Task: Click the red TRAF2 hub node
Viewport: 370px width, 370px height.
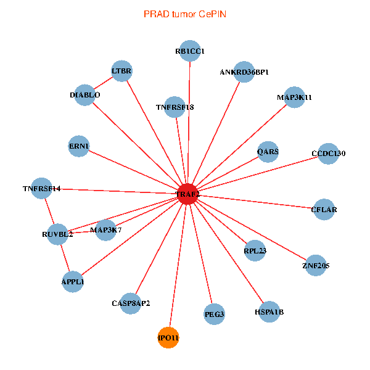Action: [x=187, y=194]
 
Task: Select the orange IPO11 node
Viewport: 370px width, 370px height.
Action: [x=168, y=337]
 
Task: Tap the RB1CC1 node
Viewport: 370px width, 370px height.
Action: [x=189, y=51]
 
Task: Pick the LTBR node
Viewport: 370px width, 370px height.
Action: [x=121, y=71]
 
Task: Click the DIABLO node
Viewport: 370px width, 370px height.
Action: [x=85, y=95]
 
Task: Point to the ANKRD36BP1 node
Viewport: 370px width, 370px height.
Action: [x=244, y=72]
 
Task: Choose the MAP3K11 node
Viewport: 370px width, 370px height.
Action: [x=294, y=97]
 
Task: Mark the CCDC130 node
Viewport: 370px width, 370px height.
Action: [x=329, y=154]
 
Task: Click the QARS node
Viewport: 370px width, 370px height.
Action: [x=268, y=151]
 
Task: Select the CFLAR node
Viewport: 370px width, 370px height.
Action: [x=324, y=210]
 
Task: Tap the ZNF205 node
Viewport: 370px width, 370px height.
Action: [x=316, y=266]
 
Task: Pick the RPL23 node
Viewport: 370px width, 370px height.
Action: [x=255, y=251]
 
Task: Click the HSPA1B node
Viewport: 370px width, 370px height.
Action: [x=269, y=312]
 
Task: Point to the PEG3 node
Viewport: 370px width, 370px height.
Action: [x=214, y=314]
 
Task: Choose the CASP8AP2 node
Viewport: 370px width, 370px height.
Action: [x=131, y=303]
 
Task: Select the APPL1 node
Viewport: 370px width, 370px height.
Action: [x=73, y=282]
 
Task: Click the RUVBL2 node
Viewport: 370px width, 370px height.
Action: [x=57, y=234]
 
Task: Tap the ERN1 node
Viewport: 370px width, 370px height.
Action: [x=79, y=146]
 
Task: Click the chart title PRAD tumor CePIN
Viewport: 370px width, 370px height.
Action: [x=184, y=14]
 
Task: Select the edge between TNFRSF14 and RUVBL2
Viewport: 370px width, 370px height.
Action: [x=49, y=212]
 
